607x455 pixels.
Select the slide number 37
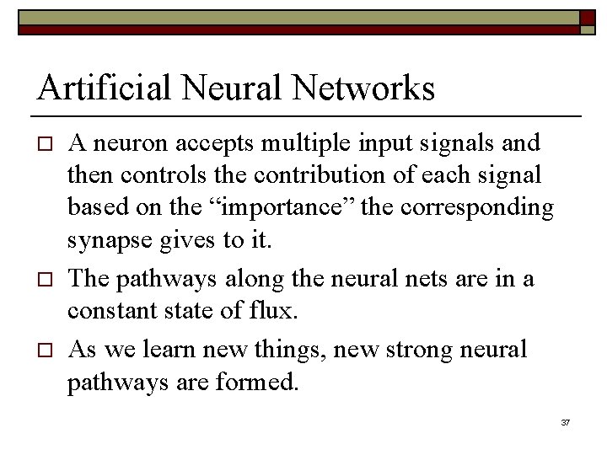point(566,421)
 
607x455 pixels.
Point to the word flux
point(276,311)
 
